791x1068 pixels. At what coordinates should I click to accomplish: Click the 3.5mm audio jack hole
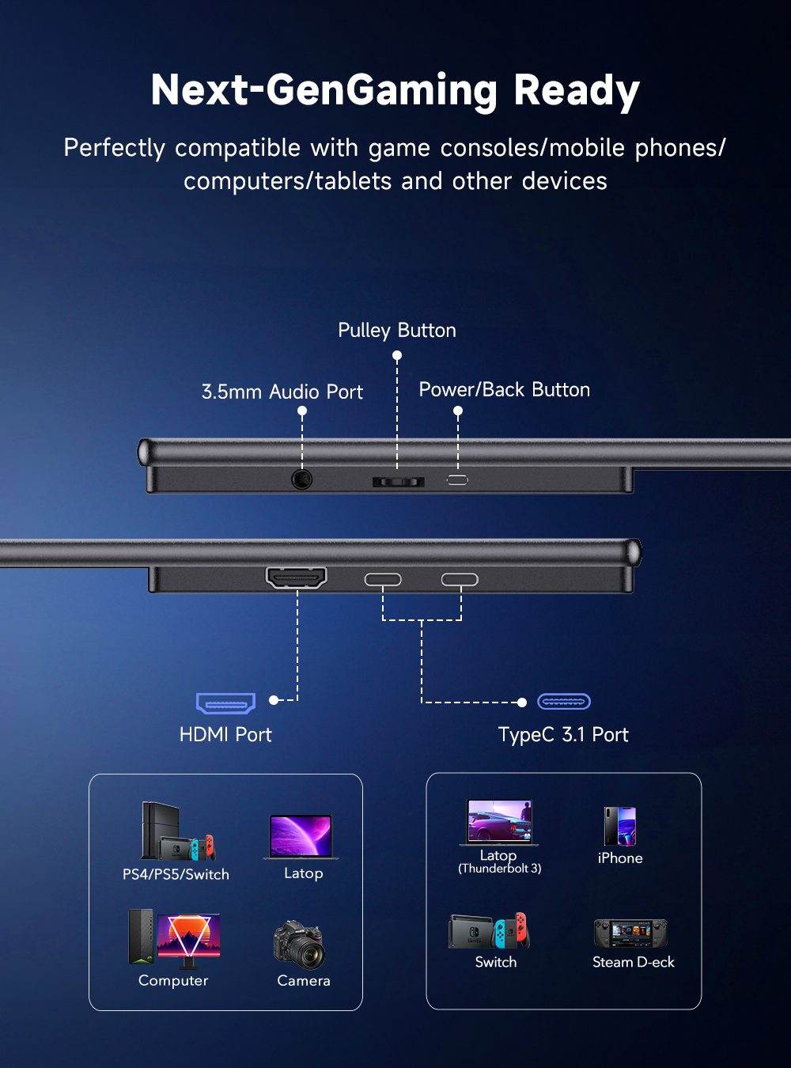tap(302, 479)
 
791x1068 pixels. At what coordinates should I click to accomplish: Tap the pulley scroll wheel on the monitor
tap(399, 482)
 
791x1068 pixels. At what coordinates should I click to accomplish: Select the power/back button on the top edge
tap(457, 479)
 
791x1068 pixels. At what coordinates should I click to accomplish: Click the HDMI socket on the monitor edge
tap(297, 578)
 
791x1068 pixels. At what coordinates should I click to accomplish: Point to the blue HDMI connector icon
tap(225, 703)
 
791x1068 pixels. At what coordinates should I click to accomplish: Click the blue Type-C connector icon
tap(564, 702)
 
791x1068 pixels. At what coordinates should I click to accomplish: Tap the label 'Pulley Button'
tap(397, 331)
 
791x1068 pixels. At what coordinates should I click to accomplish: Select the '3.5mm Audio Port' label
tap(282, 392)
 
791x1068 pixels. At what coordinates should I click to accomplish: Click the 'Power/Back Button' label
tap(505, 390)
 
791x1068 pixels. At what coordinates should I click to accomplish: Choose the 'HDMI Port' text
tap(225, 735)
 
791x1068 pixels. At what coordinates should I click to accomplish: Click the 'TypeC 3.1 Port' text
tap(563, 735)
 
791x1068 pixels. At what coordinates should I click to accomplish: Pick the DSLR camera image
tap(300, 945)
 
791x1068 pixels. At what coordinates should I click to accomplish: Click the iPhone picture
tap(620, 826)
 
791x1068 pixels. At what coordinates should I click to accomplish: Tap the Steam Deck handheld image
tap(631, 934)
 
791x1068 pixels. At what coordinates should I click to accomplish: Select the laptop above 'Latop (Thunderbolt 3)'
tap(499, 822)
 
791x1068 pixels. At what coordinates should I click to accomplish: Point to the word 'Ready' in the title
tap(577, 90)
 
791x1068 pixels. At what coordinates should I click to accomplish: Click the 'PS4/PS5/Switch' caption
tap(176, 875)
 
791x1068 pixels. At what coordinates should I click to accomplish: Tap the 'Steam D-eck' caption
tap(634, 963)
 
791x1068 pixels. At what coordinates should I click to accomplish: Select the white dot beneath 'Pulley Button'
tap(397, 356)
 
